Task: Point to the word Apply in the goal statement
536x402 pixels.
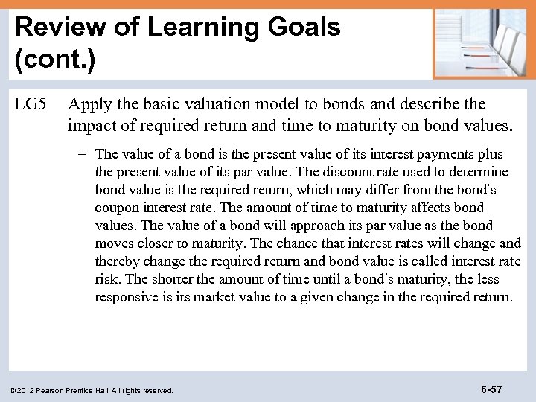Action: (x=86, y=104)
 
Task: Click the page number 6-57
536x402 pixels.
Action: (x=491, y=389)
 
